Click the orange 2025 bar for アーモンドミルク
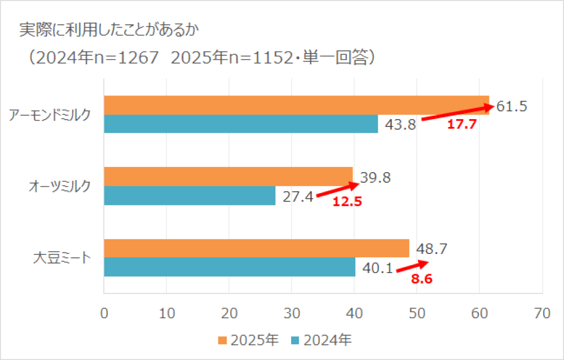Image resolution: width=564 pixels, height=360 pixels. click(296, 105)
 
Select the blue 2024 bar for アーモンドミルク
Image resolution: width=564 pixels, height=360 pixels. click(241, 124)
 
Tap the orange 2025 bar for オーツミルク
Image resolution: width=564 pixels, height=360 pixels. click(228, 177)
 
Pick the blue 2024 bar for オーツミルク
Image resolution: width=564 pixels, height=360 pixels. click(190, 196)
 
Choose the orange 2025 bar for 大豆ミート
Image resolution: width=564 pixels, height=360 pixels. click(257, 248)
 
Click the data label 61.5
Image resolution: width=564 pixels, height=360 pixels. click(512, 106)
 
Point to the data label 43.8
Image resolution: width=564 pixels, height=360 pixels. click(400, 125)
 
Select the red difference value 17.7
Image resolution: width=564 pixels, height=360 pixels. click(462, 125)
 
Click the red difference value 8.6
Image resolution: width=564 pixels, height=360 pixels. click(421, 278)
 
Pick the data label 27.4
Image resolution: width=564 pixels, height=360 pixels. click(297, 197)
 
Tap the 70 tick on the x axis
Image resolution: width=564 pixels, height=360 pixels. click(542, 314)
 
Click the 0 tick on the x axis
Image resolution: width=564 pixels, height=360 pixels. click(104, 314)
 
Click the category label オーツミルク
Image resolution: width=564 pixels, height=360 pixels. click(59, 187)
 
